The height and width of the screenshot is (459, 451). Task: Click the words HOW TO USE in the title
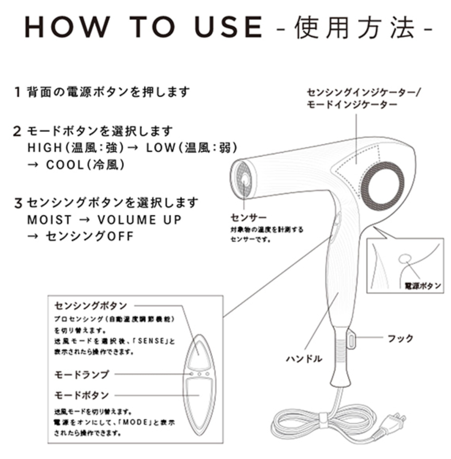click(x=143, y=27)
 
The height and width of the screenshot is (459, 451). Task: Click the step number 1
click(x=17, y=92)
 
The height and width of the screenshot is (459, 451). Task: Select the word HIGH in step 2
click(x=45, y=148)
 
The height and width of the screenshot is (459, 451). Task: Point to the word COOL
click(x=65, y=165)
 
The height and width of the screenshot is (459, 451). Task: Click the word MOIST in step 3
click(x=49, y=220)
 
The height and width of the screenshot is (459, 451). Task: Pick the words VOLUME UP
click(x=140, y=220)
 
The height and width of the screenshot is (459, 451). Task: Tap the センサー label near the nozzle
click(x=249, y=217)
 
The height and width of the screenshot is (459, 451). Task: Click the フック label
click(x=401, y=338)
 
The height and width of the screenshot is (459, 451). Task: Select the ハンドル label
click(x=304, y=359)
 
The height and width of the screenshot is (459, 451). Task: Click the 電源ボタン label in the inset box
click(x=423, y=286)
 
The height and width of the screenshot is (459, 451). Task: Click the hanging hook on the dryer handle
click(x=351, y=340)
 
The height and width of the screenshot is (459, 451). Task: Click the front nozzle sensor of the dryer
click(x=244, y=180)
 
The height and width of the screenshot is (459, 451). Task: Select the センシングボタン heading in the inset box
click(x=90, y=306)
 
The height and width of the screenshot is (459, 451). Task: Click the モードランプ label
click(x=82, y=374)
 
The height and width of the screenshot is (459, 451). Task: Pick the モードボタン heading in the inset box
click(x=82, y=395)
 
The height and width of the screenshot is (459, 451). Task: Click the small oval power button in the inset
click(x=405, y=258)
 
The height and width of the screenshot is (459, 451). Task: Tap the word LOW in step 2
click(x=160, y=148)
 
